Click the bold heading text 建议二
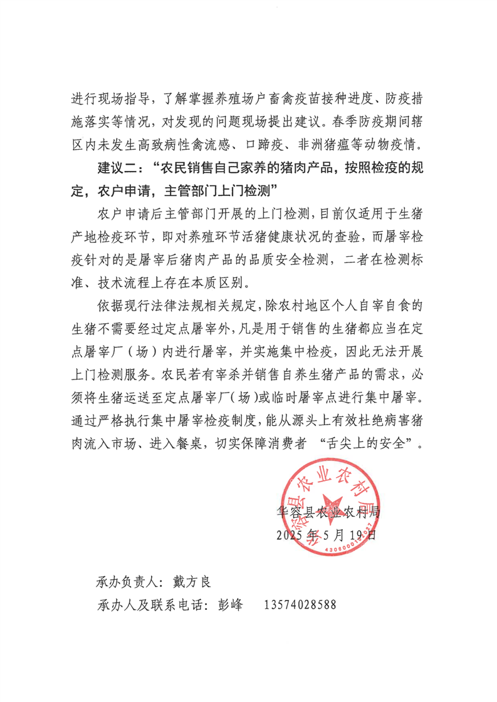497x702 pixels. tap(118, 170)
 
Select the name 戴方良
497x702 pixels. tap(191, 582)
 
